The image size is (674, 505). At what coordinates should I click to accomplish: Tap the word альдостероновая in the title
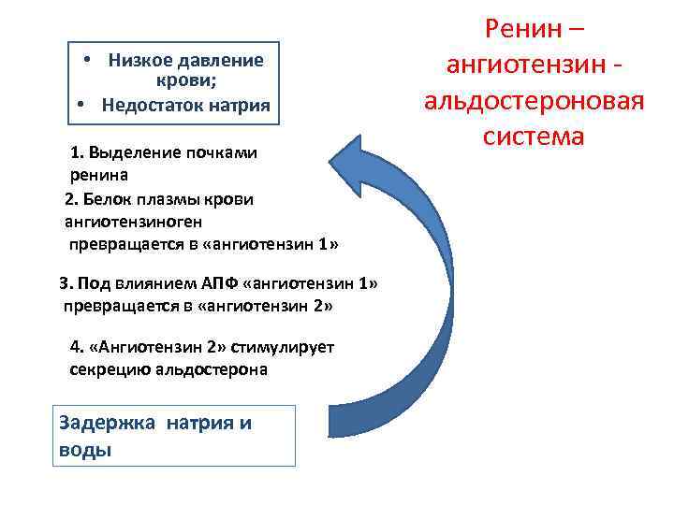pos(535,100)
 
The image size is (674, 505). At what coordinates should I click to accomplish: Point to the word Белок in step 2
pos(108,199)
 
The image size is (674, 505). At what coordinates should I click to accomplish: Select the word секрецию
pos(108,369)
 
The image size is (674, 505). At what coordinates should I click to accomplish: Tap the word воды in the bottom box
pos(85,449)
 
